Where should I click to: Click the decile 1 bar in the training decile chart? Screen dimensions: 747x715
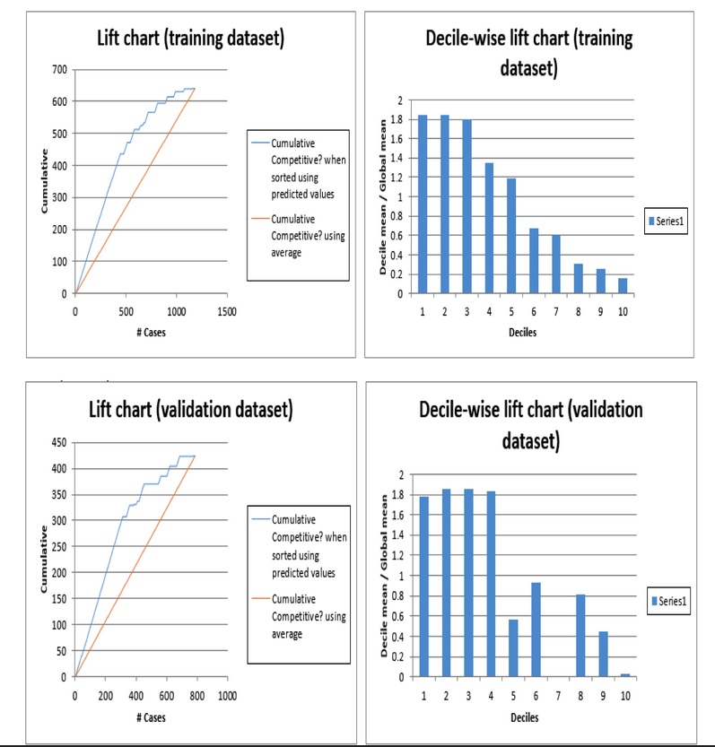click(423, 204)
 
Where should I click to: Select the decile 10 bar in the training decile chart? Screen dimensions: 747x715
click(623, 286)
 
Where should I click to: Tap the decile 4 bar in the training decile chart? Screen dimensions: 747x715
click(489, 228)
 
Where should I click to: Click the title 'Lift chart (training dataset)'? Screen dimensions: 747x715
click(191, 39)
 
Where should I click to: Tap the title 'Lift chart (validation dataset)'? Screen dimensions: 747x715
click(190, 411)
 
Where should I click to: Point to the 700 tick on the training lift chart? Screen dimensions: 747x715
click(59, 69)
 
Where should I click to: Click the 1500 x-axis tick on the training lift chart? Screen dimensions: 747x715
click(227, 311)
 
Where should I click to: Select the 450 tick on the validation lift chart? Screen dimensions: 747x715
click(59, 442)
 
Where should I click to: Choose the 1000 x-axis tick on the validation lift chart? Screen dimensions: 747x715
click(227, 696)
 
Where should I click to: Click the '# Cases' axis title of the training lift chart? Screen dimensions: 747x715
click(151, 333)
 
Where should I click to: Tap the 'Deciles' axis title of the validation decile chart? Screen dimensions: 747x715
click(525, 717)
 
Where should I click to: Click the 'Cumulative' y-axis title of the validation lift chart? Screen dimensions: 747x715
click(43, 559)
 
